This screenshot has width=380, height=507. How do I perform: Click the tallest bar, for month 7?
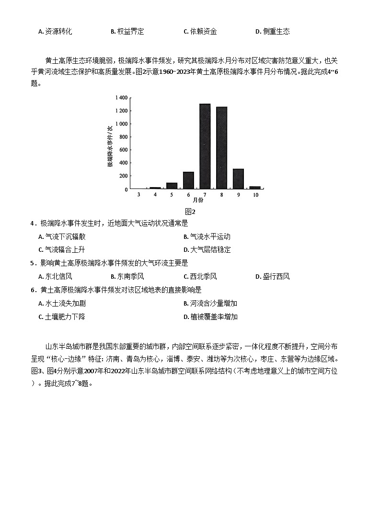[205, 146]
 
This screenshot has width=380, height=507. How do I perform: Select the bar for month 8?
[221, 148]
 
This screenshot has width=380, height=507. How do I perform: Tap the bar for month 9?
[238, 179]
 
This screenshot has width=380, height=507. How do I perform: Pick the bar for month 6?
[188, 180]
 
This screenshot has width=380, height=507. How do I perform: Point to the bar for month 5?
[172, 186]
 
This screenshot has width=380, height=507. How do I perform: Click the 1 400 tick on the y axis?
[121, 98]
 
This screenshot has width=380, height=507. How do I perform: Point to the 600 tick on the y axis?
[123, 150]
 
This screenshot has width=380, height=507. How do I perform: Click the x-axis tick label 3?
[138, 195]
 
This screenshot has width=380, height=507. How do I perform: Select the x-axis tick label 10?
[255, 195]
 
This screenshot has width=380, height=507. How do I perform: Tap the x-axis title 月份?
[197, 200]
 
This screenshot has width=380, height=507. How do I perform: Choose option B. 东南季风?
[127, 277]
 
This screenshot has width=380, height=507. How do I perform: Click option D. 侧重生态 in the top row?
[272, 32]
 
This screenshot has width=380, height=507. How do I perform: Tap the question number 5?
[32, 263]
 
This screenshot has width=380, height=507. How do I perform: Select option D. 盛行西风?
[272, 277]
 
